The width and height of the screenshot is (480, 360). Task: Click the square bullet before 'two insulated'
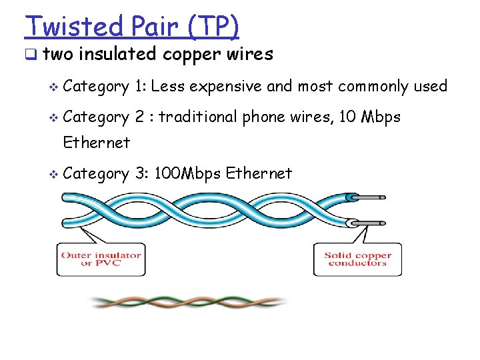(x=31, y=55)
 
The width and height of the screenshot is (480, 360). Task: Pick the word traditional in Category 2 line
(x=197, y=117)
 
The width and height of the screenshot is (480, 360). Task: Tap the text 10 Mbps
(x=369, y=117)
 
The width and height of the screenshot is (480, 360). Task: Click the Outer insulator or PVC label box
(x=101, y=259)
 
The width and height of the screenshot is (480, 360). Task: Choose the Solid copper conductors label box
(x=357, y=259)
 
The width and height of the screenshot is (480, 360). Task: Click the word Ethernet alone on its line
(x=97, y=143)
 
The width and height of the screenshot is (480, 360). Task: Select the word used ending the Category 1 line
(x=430, y=86)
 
